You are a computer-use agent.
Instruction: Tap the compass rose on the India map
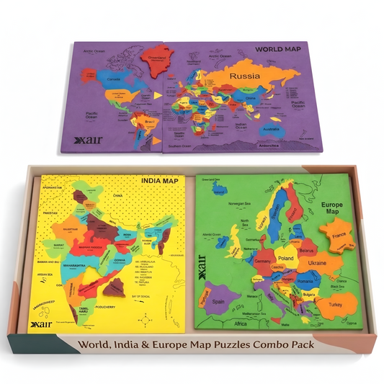pos(148,318)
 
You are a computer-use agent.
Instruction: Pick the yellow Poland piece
pos(286,256)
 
